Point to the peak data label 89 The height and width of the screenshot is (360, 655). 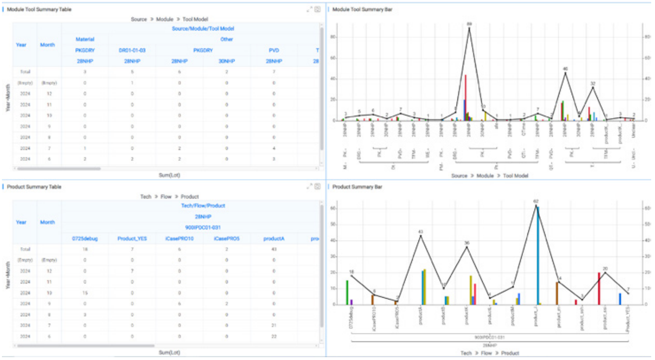tap(469, 23)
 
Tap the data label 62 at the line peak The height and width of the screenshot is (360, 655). tap(536, 201)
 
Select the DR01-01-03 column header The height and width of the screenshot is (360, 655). tap(132, 50)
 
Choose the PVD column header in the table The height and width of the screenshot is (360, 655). tap(274, 50)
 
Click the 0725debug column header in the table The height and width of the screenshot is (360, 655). tap(85, 238)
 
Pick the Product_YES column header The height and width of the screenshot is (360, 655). tap(132, 238)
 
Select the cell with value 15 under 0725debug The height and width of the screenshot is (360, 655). tap(85, 293)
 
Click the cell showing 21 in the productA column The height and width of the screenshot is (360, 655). tap(274, 325)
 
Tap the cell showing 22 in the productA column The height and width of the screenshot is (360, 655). tap(274, 336)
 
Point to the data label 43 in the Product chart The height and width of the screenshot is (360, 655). tap(420, 231)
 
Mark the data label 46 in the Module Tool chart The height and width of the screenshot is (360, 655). tap(565, 69)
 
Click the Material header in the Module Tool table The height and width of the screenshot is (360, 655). tap(85, 39)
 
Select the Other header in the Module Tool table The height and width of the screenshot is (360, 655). tap(227, 39)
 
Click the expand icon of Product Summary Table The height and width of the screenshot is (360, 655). tap(309, 187)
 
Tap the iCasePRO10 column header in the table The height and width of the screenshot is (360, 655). tap(179, 238)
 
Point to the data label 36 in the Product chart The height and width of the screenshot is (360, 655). tap(467, 243)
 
